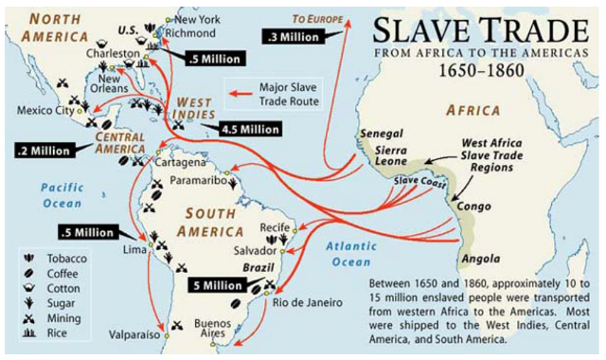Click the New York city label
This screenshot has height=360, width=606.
pyautogui.click(x=197, y=18)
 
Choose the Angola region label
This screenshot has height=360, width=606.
pyautogui.click(x=480, y=259)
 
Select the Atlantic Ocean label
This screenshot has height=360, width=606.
pyautogui.click(x=349, y=253)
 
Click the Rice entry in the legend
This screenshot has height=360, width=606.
pyautogui.click(x=62, y=334)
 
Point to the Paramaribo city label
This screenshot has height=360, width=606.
pyautogui.click(x=196, y=177)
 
